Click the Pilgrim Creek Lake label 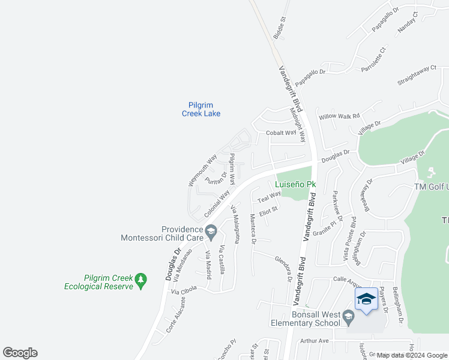point(201,109)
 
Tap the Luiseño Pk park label point(295,185)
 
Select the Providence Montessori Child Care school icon point(211,230)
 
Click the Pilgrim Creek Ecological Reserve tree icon point(140,280)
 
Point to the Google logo point(20,353)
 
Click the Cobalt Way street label point(282,133)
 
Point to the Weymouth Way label point(202,170)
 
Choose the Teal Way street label point(270,197)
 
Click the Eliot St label point(268,210)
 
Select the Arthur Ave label point(315,341)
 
